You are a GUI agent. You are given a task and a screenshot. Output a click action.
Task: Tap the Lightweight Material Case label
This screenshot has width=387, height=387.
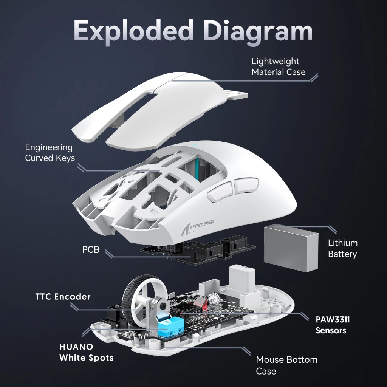[x=279, y=67]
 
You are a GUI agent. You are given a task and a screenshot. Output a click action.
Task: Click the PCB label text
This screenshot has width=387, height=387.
[x=91, y=250]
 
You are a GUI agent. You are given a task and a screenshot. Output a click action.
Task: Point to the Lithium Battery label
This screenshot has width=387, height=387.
[x=342, y=248]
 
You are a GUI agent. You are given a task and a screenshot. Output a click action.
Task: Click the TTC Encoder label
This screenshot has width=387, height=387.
[x=63, y=297]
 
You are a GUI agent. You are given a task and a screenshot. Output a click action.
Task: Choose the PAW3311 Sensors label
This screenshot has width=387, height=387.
[x=332, y=325]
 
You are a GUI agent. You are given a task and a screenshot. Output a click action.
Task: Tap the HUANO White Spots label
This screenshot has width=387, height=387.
[x=86, y=352]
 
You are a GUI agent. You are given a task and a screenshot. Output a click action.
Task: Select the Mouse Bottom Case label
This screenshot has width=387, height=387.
[x=286, y=365]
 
